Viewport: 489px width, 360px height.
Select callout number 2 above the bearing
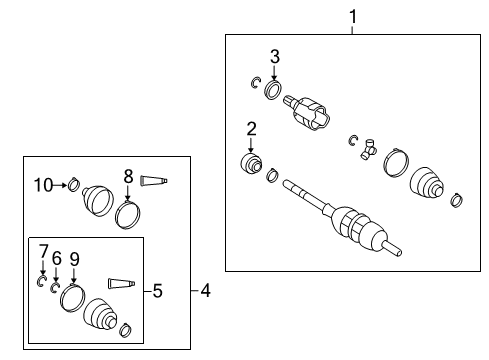coord(252,127)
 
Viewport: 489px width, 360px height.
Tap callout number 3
coord(274,56)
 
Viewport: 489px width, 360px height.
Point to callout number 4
coord(205,291)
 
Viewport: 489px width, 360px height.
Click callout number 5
coord(156,291)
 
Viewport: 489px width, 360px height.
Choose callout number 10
coord(42,183)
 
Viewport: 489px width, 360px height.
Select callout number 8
coord(127,175)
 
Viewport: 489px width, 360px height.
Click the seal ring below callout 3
coord(273,92)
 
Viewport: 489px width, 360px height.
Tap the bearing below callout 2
coord(252,164)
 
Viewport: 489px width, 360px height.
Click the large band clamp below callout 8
coord(127,213)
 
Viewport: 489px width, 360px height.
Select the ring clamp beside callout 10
coord(74,184)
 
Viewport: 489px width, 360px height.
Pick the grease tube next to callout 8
coord(153,181)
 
